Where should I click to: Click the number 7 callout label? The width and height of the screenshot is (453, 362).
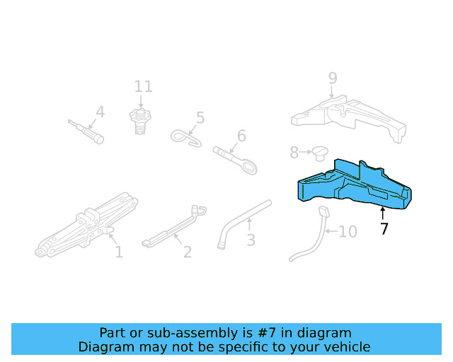pos(384,228)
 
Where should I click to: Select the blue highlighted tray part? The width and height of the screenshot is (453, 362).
pos(354,185)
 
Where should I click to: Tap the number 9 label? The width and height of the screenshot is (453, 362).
pos(332,78)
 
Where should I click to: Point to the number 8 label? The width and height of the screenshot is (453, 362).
pos(294,152)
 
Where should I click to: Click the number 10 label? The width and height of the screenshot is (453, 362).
pos(348,232)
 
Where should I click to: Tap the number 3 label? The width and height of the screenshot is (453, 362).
pos(251,240)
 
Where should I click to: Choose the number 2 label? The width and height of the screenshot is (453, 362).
pos(187,252)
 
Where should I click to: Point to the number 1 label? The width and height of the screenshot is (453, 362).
pos(118,252)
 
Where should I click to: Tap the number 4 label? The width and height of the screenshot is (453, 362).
pos(100,112)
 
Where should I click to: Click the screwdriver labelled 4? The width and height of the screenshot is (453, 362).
pos(86,131)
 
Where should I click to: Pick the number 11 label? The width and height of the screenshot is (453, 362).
pos(144,87)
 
